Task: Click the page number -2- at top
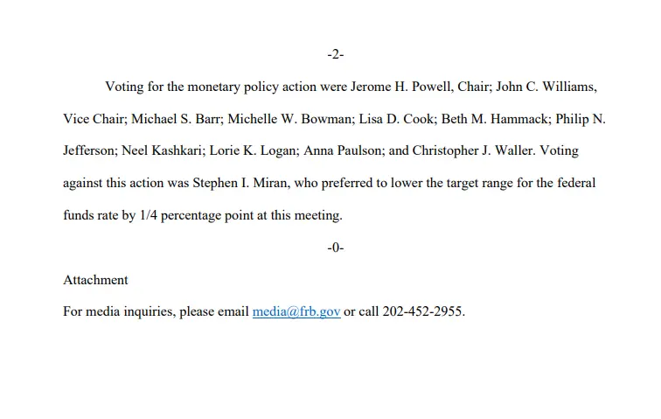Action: coord(336,55)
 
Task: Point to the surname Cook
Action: coord(403,119)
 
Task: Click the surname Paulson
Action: coord(356,150)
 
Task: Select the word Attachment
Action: coord(95,280)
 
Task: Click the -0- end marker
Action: coord(336,248)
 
